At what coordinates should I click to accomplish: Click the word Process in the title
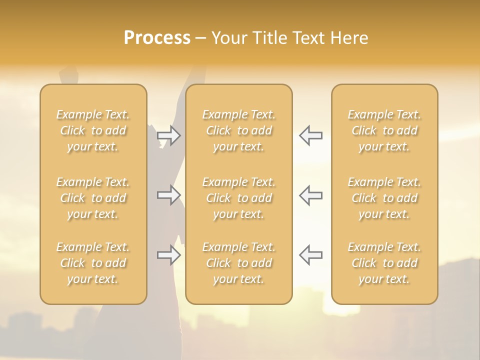pos(157,38)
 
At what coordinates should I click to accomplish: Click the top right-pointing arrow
pos(168,135)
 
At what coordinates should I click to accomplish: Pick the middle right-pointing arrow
pos(168,195)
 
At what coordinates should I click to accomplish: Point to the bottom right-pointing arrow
pos(168,255)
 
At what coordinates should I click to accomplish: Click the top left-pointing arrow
pos(311,135)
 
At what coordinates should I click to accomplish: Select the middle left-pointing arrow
pos(311,195)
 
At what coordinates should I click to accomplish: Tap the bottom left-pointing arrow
pos(311,255)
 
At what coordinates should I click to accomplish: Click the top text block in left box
pos(93,130)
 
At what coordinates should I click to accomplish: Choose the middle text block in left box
pos(93,198)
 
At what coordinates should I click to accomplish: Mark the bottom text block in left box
pos(93,263)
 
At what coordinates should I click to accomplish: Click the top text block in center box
pos(239,130)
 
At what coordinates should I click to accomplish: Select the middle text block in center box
pos(239,198)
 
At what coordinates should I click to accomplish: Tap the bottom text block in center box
pos(239,263)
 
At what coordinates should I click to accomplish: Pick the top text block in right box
pos(384,130)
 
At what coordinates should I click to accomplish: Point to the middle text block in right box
pos(384,198)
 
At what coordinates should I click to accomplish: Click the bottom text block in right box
pos(384,263)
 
